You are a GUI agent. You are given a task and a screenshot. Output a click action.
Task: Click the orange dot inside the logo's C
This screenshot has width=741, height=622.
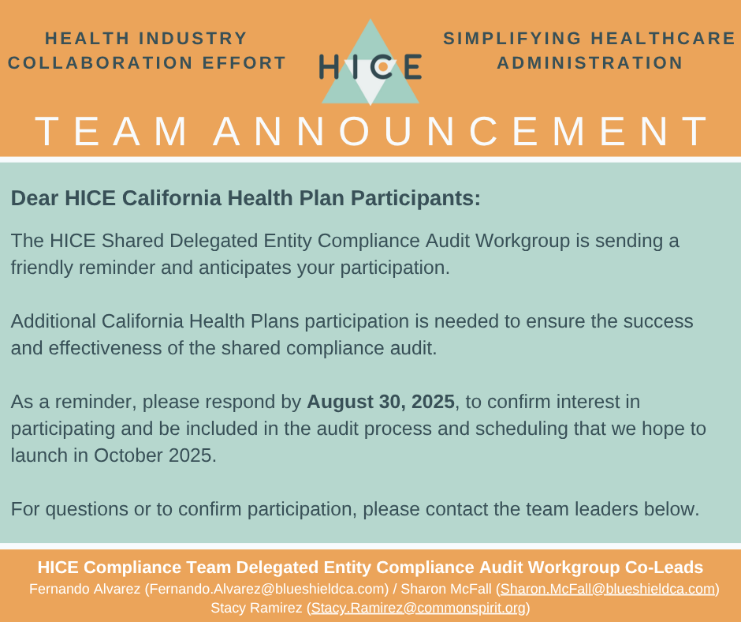coord(383,68)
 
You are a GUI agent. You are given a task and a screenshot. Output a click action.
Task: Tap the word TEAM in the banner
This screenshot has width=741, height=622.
coord(111,131)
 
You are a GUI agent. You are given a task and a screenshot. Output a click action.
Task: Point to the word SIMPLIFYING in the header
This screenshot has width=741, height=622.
coord(512,39)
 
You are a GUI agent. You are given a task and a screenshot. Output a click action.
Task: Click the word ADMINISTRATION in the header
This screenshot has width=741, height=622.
coord(590,62)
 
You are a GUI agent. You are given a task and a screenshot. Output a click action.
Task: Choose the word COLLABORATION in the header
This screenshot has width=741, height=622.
coord(100,62)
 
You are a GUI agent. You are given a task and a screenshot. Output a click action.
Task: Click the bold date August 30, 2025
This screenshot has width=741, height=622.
coord(381,402)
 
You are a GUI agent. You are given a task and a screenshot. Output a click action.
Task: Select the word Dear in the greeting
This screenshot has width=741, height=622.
coord(35,198)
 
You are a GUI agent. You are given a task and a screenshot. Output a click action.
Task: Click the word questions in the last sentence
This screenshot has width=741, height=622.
coord(87,509)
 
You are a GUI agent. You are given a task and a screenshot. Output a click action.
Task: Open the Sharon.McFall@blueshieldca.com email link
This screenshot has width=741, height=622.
coord(608,589)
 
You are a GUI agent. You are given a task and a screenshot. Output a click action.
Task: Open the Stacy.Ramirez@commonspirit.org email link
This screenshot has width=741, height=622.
coord(419,608)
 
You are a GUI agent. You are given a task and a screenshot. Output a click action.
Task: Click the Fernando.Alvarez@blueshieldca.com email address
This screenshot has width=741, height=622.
coord(266,589)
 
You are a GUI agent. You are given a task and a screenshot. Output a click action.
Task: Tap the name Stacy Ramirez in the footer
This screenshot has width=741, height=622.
coord(257,608)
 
